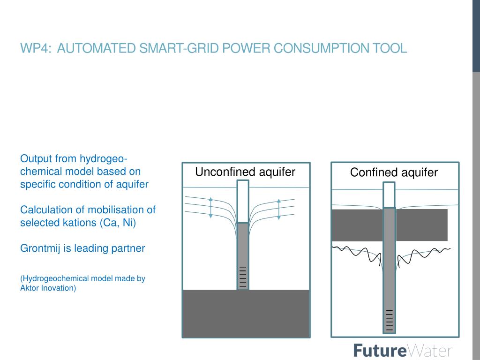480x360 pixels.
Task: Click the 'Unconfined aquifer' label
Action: tap(245, 172)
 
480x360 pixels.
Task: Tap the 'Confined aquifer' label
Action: tap(394, 172)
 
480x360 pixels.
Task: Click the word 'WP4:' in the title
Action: tap(36, 48)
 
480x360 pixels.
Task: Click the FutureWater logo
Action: tap(403, 351)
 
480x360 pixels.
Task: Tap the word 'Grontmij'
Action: tap(40, 248)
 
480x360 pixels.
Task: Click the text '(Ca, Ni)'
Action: tap(117, 223)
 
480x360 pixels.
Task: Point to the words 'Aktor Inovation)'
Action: tap(48, 288)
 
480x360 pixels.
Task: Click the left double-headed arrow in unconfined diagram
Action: tap(211, 207)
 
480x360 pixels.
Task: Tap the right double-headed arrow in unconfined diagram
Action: tap(279, 209)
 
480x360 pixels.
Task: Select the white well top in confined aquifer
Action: tap(389, 195)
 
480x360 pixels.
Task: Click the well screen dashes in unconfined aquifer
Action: tap(243, 277)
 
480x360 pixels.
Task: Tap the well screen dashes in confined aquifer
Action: tap(389, 320)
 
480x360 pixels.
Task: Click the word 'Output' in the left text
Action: tap(36, 158)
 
